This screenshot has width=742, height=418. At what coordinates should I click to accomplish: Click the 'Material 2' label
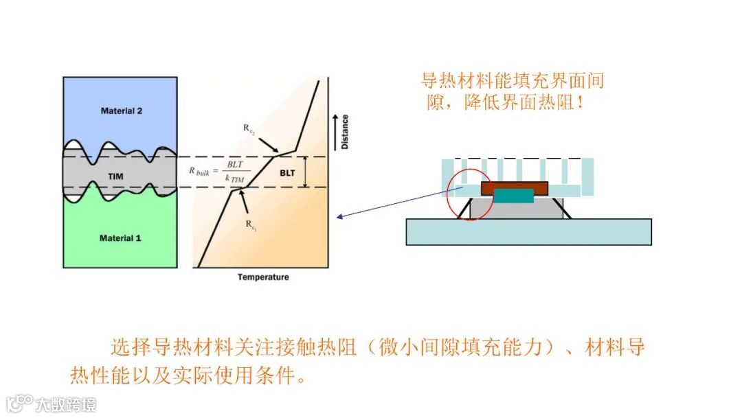(x=121, y=111)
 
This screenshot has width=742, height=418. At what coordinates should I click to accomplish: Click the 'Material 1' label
(x=120, y=238)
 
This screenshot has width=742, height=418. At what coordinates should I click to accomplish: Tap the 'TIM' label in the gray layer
(x=115, y=176)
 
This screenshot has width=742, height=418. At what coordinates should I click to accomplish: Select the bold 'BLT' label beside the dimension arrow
(x=287, y=173)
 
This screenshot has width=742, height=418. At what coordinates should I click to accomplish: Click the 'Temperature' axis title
(x=263, y=277)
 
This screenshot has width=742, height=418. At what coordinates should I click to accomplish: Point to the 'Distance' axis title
(x=345, y=131)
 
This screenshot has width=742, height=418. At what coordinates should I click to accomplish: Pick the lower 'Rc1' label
(x=251, y=224)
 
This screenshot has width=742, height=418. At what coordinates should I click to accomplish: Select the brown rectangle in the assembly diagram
(x=515, y=187)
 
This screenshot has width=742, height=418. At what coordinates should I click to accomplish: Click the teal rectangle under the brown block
(x=513, y=196)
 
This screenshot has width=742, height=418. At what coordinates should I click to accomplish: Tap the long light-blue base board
(x=528, y=232)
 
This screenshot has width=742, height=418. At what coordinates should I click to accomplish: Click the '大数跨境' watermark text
(x=67, y=404)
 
